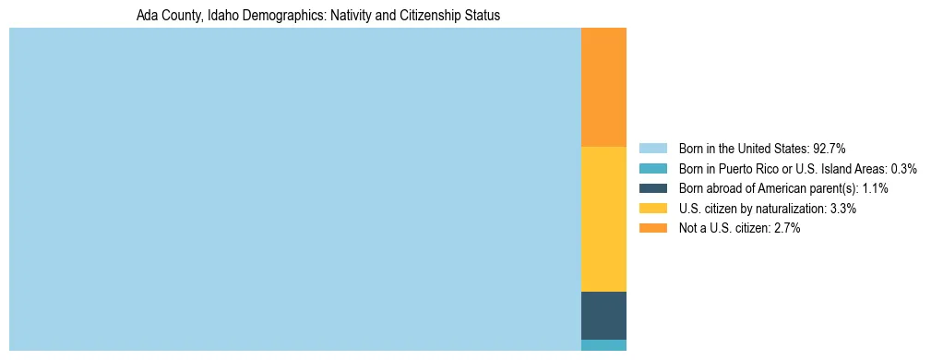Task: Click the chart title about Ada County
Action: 317,16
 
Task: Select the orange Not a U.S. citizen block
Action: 603,87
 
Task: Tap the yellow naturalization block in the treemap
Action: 603,219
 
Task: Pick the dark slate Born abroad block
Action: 603,315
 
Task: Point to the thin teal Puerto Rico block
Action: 603,345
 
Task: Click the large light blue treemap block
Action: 294,189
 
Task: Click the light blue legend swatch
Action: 652,149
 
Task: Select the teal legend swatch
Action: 652,169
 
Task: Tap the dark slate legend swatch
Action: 652,188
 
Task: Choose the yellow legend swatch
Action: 652,209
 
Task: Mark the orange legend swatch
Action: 652,228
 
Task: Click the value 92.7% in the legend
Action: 830,149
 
